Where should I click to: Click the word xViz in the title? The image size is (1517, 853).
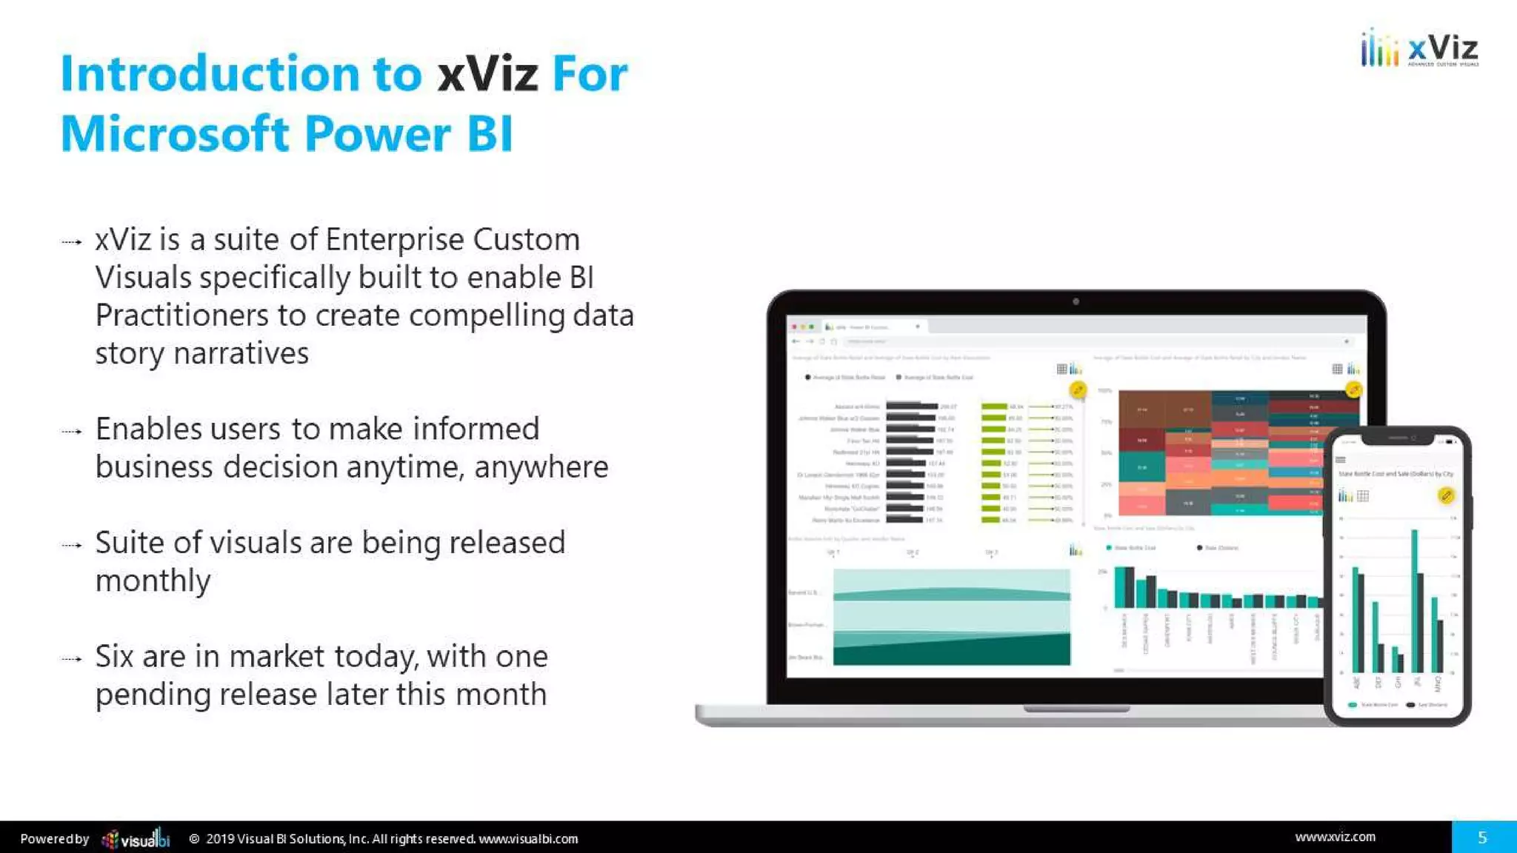click(487, 75)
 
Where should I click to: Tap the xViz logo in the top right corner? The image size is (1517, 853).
click(1419, 49)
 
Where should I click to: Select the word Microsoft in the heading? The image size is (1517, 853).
click(174, 135)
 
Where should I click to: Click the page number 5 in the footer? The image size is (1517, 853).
click(1482, 837)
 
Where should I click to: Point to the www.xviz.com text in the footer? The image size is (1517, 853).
click(1335, 837)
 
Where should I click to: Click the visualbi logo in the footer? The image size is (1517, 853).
click(136, 839)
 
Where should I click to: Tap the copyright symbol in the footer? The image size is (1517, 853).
click(194, 839)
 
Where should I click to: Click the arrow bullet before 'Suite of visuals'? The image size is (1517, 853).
click(72, 546)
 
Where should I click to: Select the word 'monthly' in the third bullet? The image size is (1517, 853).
click(153, 581)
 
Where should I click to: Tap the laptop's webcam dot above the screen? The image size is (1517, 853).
click(1076, 301)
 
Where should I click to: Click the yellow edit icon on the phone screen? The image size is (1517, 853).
click(1445, 495)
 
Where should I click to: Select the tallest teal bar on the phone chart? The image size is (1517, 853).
click(1414, 600)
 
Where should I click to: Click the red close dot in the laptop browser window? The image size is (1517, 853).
click(794, 327)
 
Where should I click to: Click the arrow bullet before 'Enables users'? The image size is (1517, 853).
click(72, 432)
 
